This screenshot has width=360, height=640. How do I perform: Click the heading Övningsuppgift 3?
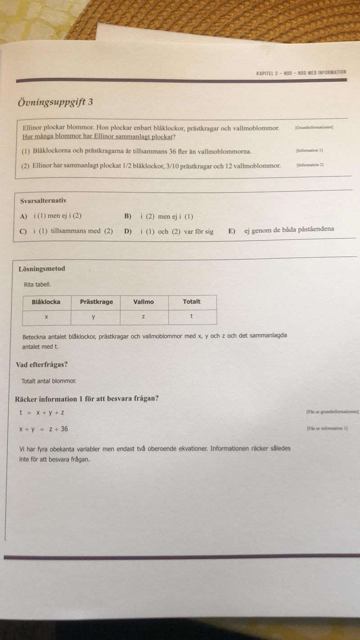click(x=55, y=102)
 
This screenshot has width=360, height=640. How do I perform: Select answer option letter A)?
click(x=23, y=216)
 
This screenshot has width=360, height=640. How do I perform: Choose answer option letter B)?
click(x=128, y=216)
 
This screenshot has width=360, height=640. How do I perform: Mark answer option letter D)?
click(x=128, y=232)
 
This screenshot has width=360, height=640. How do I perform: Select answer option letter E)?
click(x=231, y=231)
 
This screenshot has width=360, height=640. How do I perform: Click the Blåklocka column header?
click(x=46, y=302)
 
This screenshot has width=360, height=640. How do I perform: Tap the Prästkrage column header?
click(x=96, y=302)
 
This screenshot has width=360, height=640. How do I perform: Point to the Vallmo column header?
click(x=144, y=302)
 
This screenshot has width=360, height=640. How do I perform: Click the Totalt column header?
click(x=192, y=302)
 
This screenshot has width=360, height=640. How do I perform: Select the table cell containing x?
click(x=46, y=317)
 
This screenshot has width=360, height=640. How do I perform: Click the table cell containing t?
click(x=192, y=316)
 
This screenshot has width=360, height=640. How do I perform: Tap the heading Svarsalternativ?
click(x=44, y=201)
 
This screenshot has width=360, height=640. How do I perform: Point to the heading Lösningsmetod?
click(x=42, y=269)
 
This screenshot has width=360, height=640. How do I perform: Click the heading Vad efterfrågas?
click(x=45, y=365)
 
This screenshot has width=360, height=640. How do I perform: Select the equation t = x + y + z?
click(x=42, y=413)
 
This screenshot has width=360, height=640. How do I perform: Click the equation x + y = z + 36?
click(x=43, y=429)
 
